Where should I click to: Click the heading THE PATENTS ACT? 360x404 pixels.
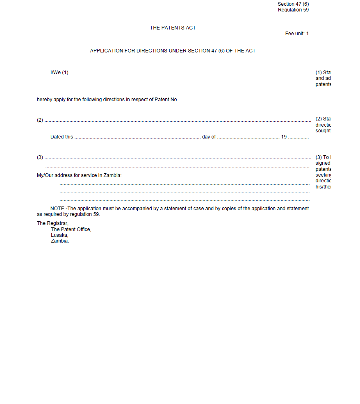(173, 28)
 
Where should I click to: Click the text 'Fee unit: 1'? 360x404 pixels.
(297, 34)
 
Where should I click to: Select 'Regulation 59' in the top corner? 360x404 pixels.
(293, 10)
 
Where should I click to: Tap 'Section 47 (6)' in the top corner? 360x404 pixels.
(293, 4)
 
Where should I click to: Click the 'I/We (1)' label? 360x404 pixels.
(59, 73)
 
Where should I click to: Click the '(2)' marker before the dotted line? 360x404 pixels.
(40, 120)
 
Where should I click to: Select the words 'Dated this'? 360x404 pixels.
(62, 137)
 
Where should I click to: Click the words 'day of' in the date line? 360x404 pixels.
(209, 137)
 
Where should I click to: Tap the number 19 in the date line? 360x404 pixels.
(284, 137)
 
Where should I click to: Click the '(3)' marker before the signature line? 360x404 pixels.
(40, 157)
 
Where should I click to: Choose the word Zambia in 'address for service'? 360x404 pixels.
(112, 175)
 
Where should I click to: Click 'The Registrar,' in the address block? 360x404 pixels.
(52, 223)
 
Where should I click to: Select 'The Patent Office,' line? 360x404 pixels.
(71, 229)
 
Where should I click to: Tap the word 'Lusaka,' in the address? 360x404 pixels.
(59, 235)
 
